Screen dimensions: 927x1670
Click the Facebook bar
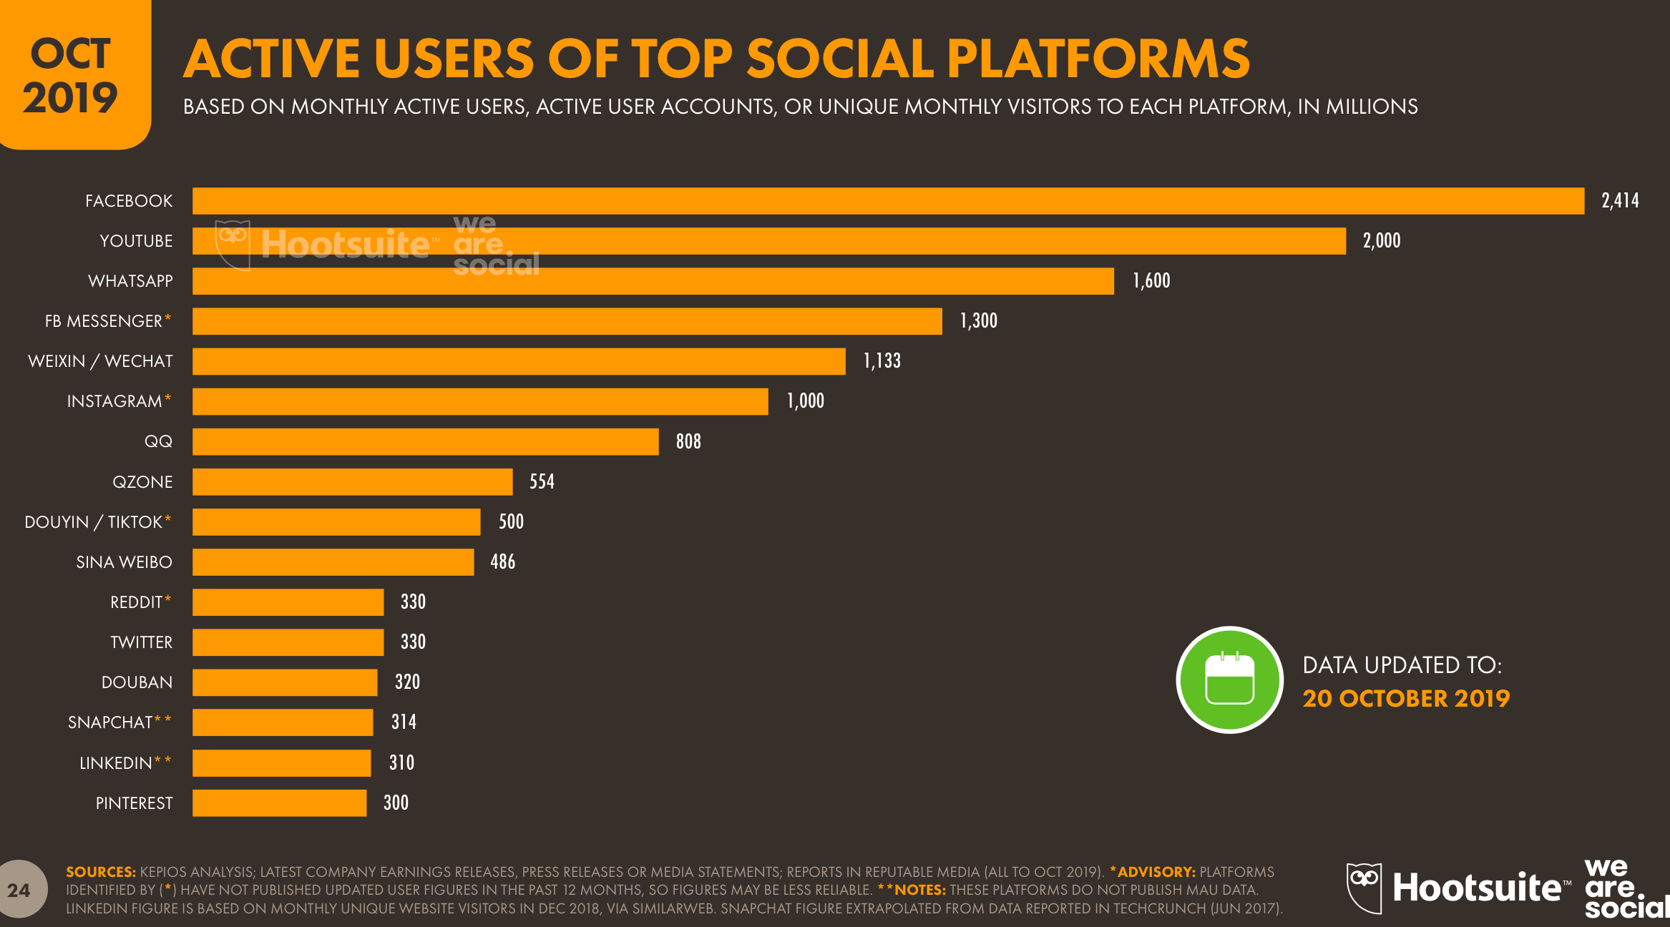point(887,201)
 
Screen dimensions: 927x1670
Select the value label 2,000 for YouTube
point(1381,241)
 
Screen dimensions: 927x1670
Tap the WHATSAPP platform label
point(130,281)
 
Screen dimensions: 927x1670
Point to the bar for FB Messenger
point(567,321)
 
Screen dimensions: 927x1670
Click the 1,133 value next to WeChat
point(882,361)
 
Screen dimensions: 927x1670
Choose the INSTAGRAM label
point(114,401)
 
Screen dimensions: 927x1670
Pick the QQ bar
point(425,441)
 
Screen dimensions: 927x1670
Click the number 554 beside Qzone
point(542,481)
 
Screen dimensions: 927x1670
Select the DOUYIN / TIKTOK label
point(94,522)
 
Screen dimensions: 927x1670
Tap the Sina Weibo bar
point(333,562)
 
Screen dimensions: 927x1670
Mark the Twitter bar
point(288,642)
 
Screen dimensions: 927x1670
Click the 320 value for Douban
point(407,682)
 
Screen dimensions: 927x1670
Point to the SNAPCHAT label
point(110,722)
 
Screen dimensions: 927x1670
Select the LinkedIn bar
point(281,763)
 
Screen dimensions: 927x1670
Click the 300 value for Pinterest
point(396,803)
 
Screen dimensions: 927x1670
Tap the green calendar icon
point(1229,680)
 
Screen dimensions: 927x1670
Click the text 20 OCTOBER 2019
point(1405,699)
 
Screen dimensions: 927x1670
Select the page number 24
point(19,891)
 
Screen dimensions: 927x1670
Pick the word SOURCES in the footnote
point(100,872)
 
